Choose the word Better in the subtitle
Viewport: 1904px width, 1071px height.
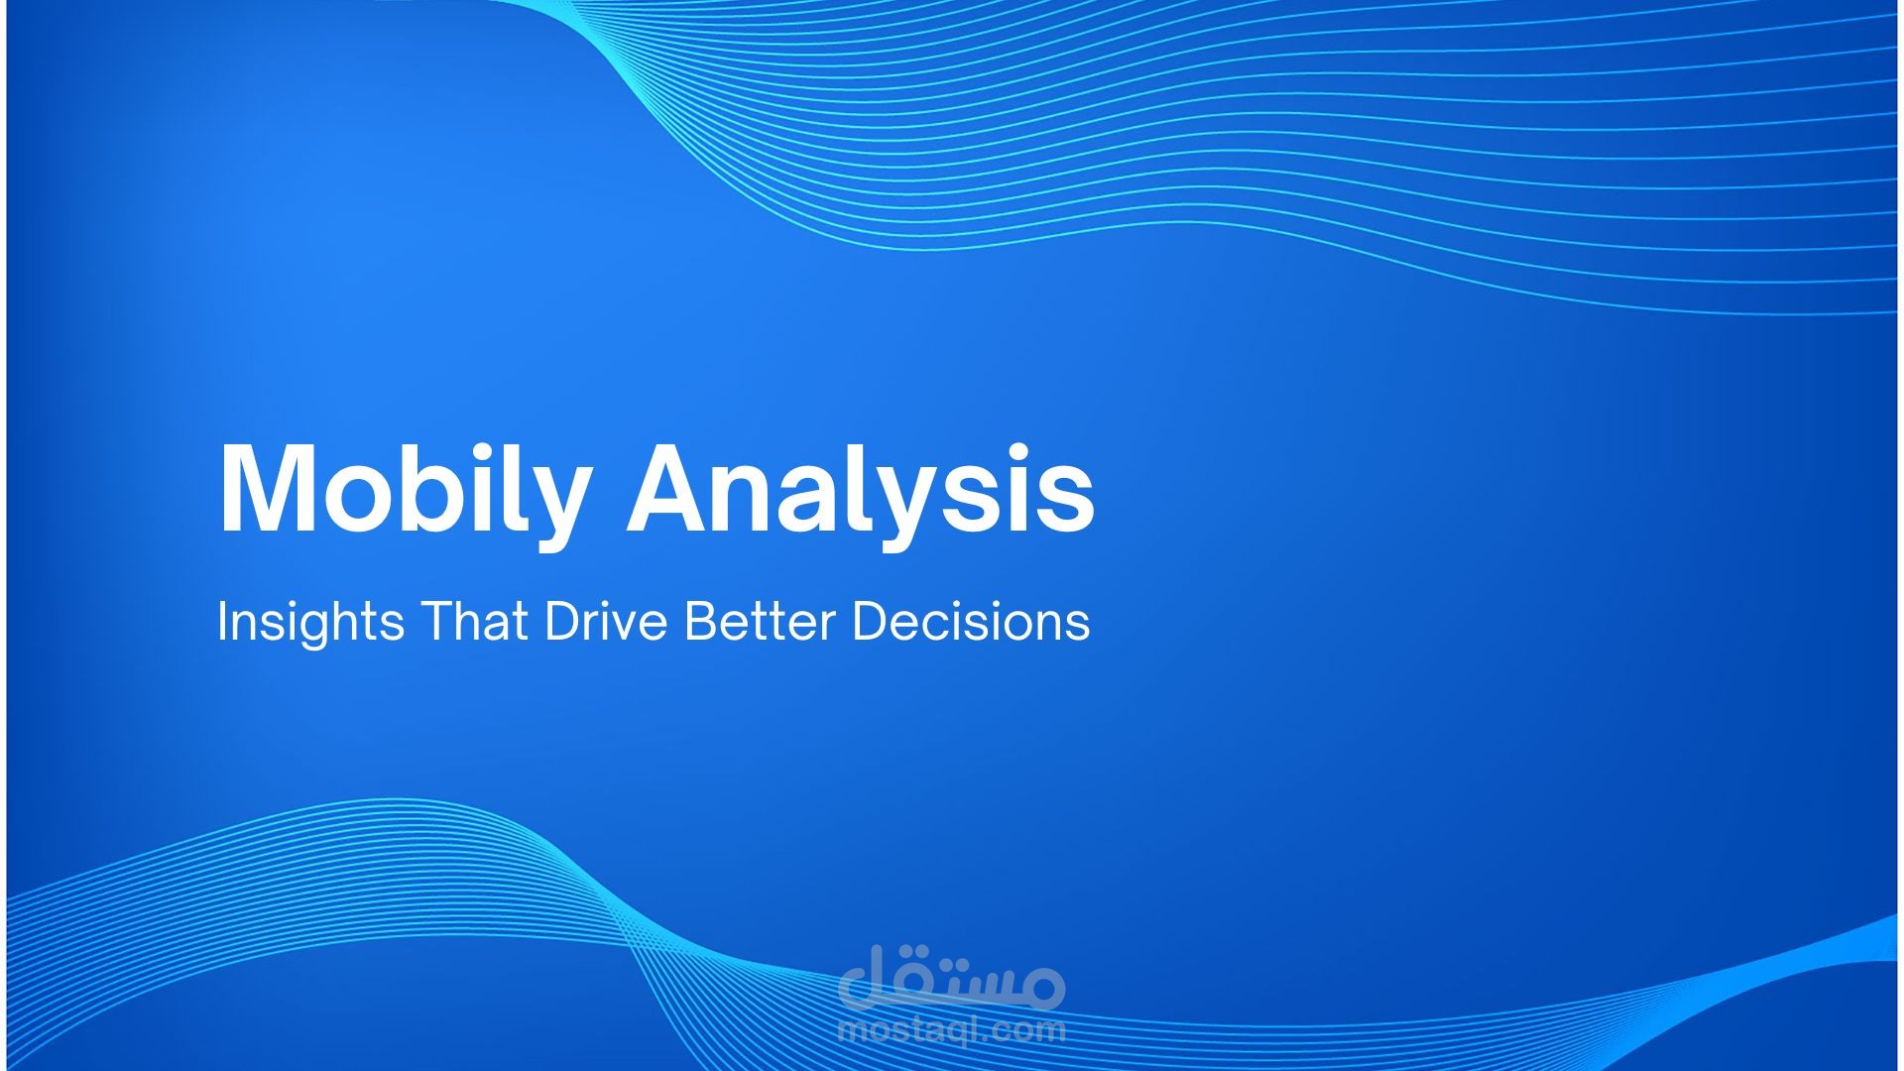[x=759, y=622]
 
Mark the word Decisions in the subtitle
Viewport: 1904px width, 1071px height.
[x=971, y=622]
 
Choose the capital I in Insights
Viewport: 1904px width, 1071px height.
[x=222, y=622]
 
